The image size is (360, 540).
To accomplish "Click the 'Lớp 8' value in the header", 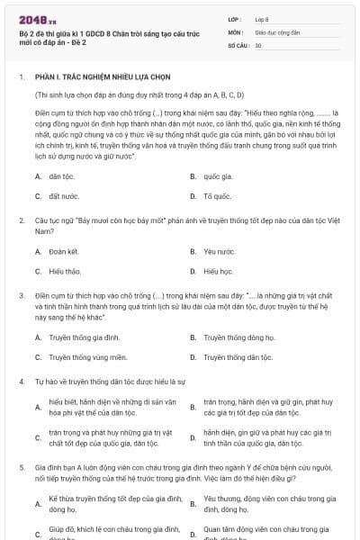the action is (262, 18).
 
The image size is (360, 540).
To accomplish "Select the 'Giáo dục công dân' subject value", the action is (276, 31).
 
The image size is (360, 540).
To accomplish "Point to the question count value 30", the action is (258, 44).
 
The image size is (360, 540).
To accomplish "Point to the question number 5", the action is (21, 468).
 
